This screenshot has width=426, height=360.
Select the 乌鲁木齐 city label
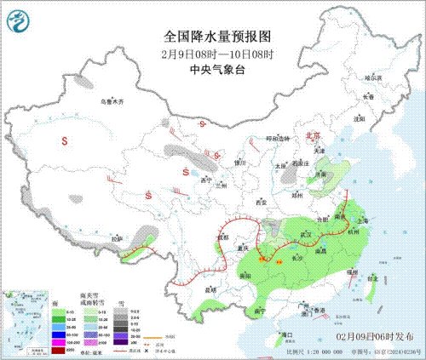[111, 101]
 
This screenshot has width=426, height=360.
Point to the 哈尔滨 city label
[372, 77]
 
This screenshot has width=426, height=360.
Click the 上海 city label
[363, 219]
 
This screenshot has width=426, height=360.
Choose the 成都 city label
[222, 236]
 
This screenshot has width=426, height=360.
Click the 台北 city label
[372, 277]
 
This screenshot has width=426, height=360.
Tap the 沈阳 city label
[359, 118]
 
